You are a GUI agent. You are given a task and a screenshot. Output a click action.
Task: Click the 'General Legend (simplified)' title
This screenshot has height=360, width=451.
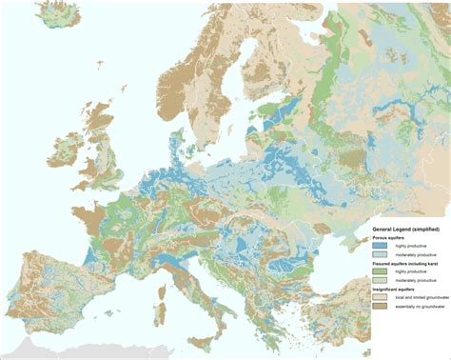[404, 230]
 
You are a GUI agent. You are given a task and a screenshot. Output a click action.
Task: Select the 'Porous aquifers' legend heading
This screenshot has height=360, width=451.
[387, 238]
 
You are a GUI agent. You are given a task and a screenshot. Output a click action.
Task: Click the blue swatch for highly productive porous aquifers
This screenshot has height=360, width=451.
[380, 246]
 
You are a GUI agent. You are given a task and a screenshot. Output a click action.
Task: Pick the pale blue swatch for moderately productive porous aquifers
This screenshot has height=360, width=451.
[380, 254]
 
